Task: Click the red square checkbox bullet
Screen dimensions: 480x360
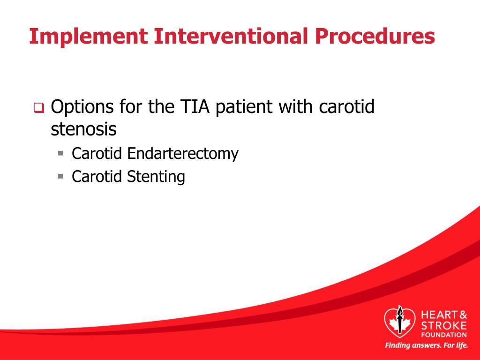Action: tap(39, 108)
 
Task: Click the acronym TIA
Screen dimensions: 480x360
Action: tap(195, 106)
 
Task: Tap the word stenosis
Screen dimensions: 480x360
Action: tap(83, 129)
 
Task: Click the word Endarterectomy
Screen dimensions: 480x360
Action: tap(183, 153)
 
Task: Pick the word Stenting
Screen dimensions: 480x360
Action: tap(156, 177)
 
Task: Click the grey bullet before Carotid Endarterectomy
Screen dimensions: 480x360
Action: tap(60, 153)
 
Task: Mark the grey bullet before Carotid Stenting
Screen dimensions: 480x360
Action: tap(60, 176)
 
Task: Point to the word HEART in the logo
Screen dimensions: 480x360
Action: tap(439, 315)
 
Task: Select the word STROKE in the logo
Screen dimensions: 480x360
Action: tap(444, 325)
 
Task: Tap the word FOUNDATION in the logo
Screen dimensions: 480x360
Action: tap(444, 335)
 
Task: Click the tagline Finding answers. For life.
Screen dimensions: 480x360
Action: tap(427, 345)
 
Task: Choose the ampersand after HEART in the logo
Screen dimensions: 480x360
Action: tap(463, 315)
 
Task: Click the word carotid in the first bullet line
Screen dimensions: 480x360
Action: tap(346, 106)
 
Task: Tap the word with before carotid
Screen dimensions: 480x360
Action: tap(295, 106)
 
